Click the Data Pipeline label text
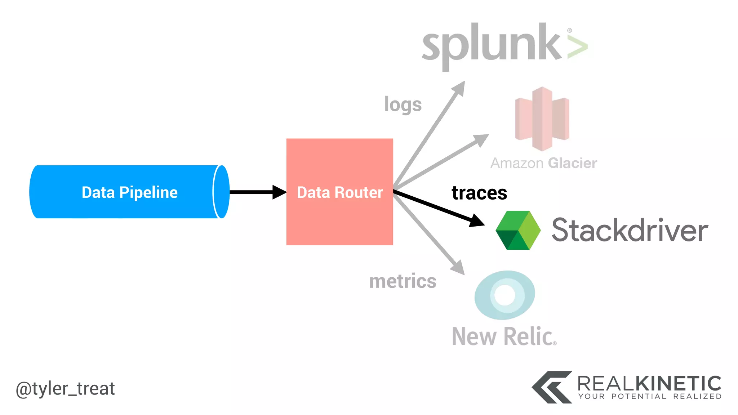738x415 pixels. point(129,192)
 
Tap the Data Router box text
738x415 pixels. point(339,192)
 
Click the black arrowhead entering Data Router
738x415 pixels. point(279,192)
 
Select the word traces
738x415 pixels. point(479,193)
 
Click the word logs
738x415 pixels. point(403,104)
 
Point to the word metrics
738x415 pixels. point(403,281)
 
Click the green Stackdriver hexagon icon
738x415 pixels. point(518,231)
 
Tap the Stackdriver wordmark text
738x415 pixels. point(630,231)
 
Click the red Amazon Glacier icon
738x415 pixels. point(542,119)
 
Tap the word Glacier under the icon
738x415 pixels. point(572,163)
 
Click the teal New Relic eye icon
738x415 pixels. point(504,295)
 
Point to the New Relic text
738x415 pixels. point(504,336)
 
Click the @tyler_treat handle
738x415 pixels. point(65,389)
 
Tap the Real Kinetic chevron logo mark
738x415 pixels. point(552,387)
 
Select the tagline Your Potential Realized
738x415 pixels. point(650,397)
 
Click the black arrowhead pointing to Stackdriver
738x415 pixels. point(477,220)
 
